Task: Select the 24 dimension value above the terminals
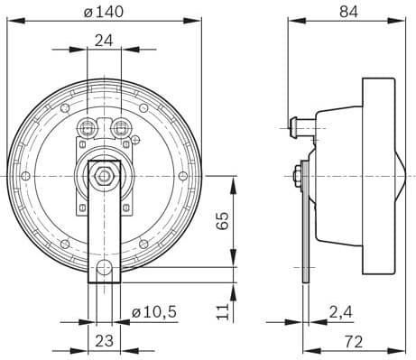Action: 104,40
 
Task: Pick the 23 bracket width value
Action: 104,341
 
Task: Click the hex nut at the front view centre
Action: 105,173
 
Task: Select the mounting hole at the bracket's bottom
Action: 105,268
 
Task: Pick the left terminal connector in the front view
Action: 88,125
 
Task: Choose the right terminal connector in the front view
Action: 121,125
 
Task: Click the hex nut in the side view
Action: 297,174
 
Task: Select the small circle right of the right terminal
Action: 135,140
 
